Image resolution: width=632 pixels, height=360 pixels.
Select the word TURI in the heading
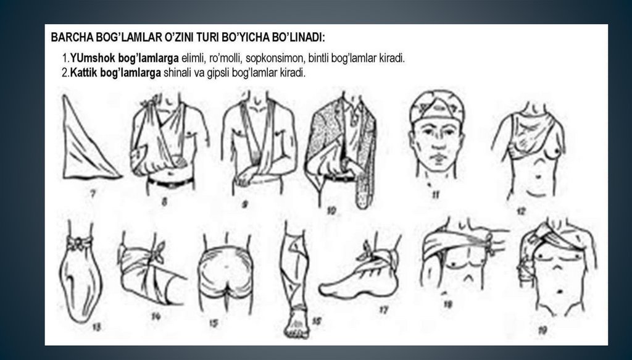tap(207, 38)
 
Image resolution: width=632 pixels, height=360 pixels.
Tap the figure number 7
tap(93, 195)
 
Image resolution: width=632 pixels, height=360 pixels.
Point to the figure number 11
tap(435, 195)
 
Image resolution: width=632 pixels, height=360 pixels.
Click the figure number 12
tap(521, 211)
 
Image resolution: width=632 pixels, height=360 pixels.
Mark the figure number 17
tap(384, 310)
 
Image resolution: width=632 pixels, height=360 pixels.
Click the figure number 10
tap(331, 211)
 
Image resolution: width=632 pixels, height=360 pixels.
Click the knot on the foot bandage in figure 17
tap(372, 252)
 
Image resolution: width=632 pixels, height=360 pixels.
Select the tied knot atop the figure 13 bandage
tap(80, 243)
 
